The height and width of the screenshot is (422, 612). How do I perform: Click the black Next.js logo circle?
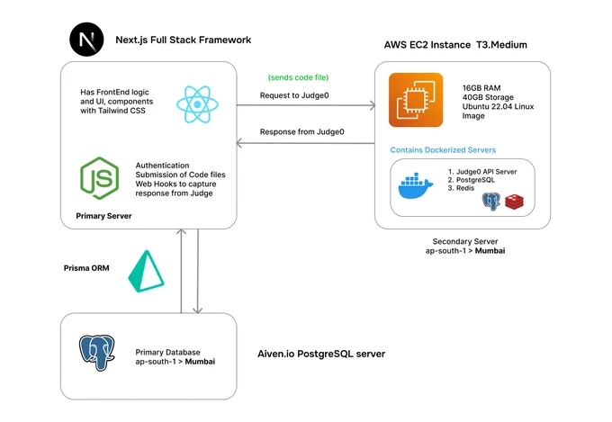click(x=86, y=40)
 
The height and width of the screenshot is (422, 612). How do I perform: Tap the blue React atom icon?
click(x=197, y=104)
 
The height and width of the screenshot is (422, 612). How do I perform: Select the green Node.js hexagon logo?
click(x=100, y=178)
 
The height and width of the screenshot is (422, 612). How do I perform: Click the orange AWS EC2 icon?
click(x=416, y=100)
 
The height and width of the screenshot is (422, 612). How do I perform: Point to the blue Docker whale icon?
click(x=415, y=186)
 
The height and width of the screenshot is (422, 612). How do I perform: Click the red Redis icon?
click(x=514, y=202)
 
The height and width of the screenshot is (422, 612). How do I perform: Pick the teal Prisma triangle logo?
click(x=146, y=272)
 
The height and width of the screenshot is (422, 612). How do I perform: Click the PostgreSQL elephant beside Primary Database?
click(x=97, y=352)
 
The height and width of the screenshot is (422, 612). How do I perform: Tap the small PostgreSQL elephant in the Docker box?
click(x=491, y=202)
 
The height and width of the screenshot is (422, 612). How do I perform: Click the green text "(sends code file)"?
click(x=298, y=77)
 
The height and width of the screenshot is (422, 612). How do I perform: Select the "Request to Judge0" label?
click(x=294, y=95)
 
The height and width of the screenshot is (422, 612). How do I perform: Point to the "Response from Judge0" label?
click(x=302, y=131)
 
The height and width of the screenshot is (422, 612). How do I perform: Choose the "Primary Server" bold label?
click(x=103, y=216)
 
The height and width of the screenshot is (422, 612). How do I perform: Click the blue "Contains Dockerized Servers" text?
click(x=443, y=150)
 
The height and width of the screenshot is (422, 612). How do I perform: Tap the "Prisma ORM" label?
click(x=86, y=268)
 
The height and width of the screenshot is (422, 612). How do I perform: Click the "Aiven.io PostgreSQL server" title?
click(x=321, y=354)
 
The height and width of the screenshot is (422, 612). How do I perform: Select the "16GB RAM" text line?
click(x=481, y=88)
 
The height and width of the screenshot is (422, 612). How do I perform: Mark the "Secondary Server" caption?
click(x=465, y=241)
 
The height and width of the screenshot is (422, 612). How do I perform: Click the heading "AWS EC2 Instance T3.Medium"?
click(x=455, y=45)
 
